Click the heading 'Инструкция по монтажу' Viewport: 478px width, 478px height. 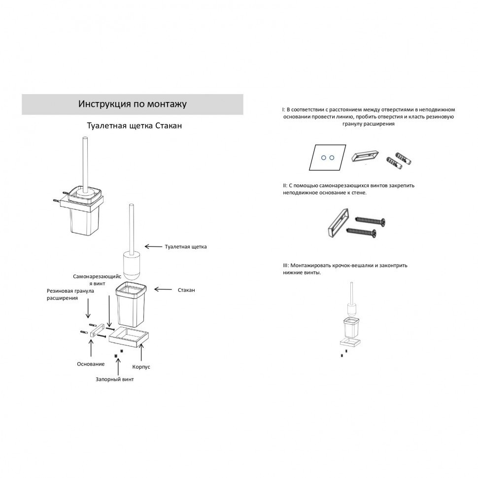pyautogui.click(x=132, y=104)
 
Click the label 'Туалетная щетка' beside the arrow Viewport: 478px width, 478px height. pyautogui.click(x=186, y=246)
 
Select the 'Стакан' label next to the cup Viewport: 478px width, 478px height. pyautogui.click(x=186, y=290)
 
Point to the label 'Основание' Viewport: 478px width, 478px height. pyautogui.click(x=91, y=364)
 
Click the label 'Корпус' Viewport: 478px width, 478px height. pyautogui.click(x=141, y=367)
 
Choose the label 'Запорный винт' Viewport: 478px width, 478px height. pyautogui.click(x=115, y=379)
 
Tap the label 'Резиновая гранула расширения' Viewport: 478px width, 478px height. pyautogui.click(x=70, y=295)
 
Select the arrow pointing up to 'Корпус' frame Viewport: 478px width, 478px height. pyautogui.click(x=141, y=353)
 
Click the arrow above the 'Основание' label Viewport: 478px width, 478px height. pyautogui.click(x=91, y=348)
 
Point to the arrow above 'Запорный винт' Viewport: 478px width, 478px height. pyautogui.click(x=118, y=367)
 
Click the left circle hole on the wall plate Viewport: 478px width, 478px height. pyautogui.click(x=324, y=158)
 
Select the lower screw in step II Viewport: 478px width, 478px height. pyautogui.click(x=361, y=232)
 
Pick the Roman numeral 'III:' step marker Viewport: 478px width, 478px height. pyautogui.click(x=286, y=266)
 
